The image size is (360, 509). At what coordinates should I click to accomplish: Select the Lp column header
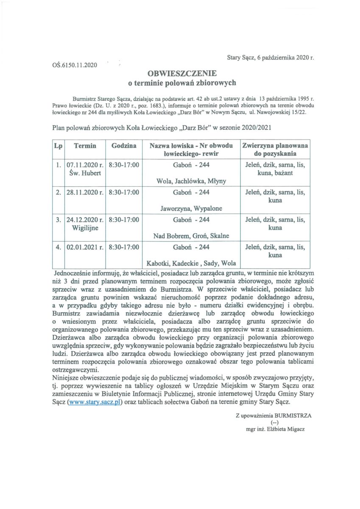[x=59, y=145]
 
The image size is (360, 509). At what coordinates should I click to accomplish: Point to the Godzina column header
[x=124, y=145]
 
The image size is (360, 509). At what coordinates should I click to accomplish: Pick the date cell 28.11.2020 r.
[x=85, y=192]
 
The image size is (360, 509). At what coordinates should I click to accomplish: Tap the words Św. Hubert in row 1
[x=85, y=173]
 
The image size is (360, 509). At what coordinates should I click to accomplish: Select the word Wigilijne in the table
[x=85, y=228]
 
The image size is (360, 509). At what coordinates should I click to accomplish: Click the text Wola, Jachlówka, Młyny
[x=191, y=181]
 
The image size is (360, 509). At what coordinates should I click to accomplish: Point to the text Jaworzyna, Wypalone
[x=191, y=208]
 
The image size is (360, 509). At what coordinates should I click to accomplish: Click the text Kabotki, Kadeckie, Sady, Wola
[x=191, y=263]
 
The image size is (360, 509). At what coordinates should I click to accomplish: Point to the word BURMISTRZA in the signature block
[x=293, y=416]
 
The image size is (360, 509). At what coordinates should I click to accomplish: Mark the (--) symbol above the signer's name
[x=274, y=422]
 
